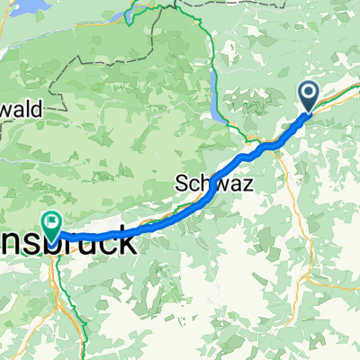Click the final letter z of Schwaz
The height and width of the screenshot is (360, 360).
coord(247,184)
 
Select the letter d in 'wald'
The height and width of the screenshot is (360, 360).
coord(39,108)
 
